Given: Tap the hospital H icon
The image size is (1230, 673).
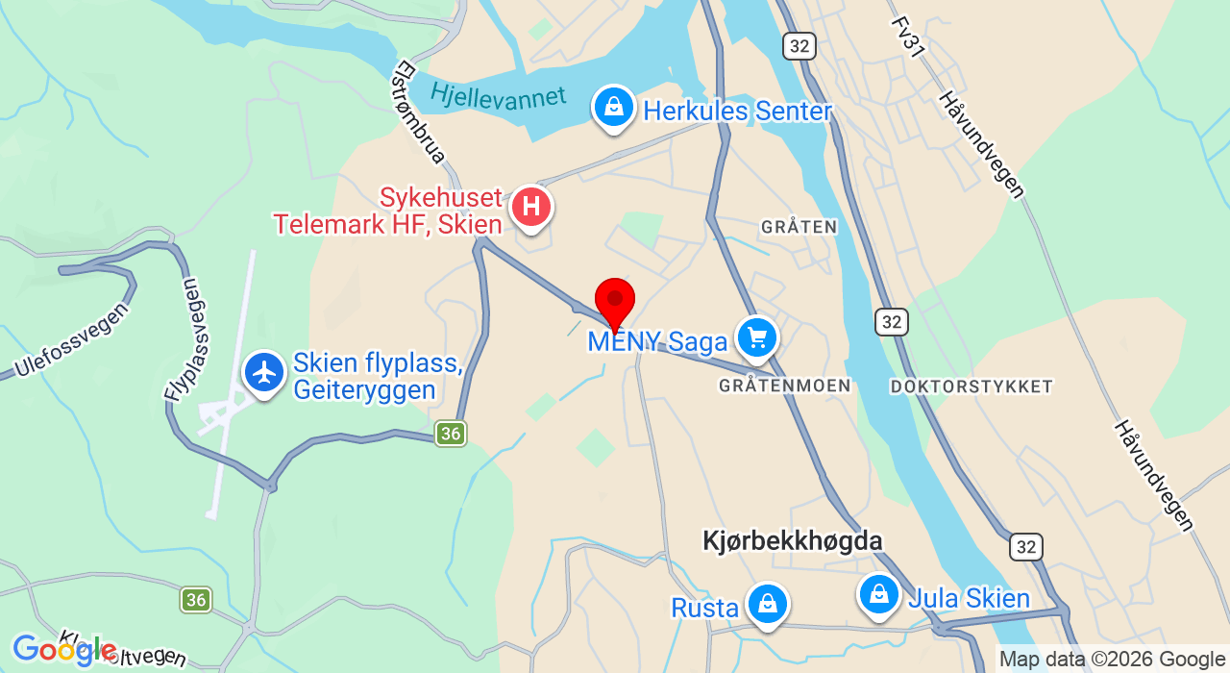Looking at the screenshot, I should click(x=530, y=207).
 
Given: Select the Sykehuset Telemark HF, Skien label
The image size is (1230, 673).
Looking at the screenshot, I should click(x=388, y=212).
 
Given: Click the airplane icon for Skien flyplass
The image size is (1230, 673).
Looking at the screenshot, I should click(x=263, y=372).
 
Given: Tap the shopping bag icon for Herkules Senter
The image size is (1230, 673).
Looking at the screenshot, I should click(x=613, y=107).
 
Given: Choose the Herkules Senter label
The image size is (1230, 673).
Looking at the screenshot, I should click(x=737, y=112).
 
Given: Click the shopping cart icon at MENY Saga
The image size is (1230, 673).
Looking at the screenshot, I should click(x=757, y=337).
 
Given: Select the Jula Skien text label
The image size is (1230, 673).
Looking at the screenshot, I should click(x=969, y=599).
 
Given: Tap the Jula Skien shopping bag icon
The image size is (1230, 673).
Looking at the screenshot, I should click(x=878, y=594).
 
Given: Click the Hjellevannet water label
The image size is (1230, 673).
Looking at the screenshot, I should click(x=498, y=97).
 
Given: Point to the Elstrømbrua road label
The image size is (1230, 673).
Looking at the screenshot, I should click(x=420, y=112).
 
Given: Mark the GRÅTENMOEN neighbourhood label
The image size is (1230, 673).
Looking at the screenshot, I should click(x=784, y=386).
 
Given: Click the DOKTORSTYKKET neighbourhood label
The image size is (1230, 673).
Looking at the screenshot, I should click(x=972, y=386).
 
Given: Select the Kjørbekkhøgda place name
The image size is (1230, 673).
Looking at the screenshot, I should click(x=793, y=541).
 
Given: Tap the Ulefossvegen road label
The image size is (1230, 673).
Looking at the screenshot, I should click(x=71, y=339).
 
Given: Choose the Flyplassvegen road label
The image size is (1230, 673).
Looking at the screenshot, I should click(x=183, y=339).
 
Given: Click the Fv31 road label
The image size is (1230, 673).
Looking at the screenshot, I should click(x=908, y=37).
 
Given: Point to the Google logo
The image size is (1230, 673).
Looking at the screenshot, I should click(x=63, y=651).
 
